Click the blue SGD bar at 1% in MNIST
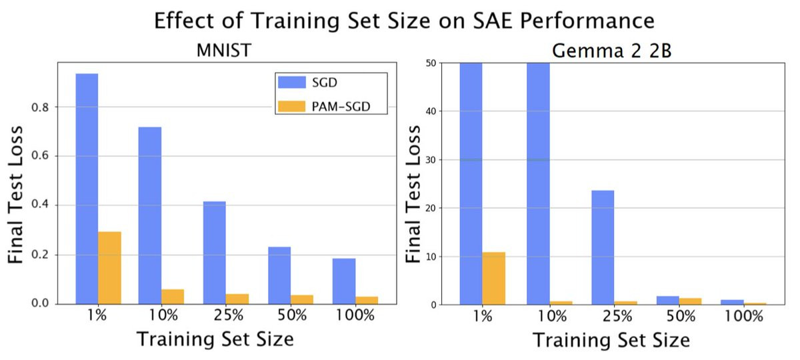click(87, 189)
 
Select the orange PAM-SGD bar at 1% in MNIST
click(109, 267)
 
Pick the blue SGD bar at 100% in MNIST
click(344, 281)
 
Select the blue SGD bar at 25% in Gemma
click(603, 247)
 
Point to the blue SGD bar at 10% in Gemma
click(537, 183)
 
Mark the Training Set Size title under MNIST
click(215, 339)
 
